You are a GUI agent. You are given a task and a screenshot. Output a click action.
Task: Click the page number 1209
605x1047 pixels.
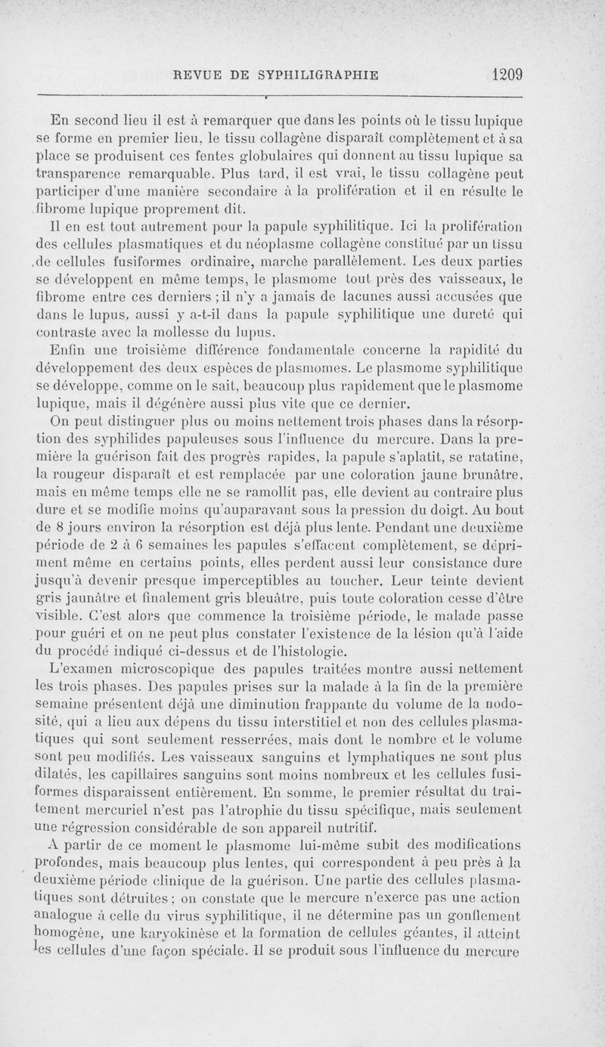click(507, 75)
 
